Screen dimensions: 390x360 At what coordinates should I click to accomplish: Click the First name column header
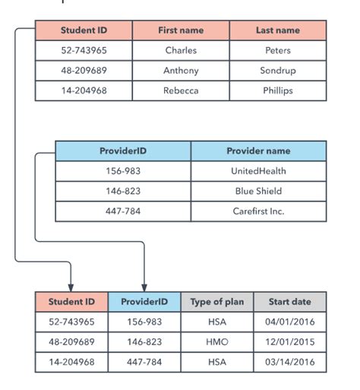point(181,30)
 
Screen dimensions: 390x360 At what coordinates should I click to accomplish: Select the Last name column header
point(277,30)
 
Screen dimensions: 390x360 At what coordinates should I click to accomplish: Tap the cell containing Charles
point(181,50)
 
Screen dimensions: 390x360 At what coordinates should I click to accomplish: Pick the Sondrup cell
point(277,71)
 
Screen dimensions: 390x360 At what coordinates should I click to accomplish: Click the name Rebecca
point(181,90)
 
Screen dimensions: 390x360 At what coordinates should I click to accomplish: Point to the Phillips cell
point(277,90)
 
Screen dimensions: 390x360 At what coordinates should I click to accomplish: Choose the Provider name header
point(258,151)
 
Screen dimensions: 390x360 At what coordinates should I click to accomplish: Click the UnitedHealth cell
point(258,171)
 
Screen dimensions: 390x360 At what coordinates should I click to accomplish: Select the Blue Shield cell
point(258,191)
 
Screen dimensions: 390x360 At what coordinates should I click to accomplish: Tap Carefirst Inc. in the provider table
point(258,211)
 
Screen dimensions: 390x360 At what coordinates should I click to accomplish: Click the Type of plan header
point(216,302)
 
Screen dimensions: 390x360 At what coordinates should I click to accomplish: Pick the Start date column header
point(289,302)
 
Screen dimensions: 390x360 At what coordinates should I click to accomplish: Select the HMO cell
point(216,342)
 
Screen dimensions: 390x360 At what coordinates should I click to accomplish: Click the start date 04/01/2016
point(289,322)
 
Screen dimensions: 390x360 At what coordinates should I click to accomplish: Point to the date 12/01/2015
point(289,342)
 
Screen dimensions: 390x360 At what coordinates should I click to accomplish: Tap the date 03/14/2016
point(289,362)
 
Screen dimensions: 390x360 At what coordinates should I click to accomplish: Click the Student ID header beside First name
point(84,30)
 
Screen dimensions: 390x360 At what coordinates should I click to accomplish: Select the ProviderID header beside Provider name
point(123,151)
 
